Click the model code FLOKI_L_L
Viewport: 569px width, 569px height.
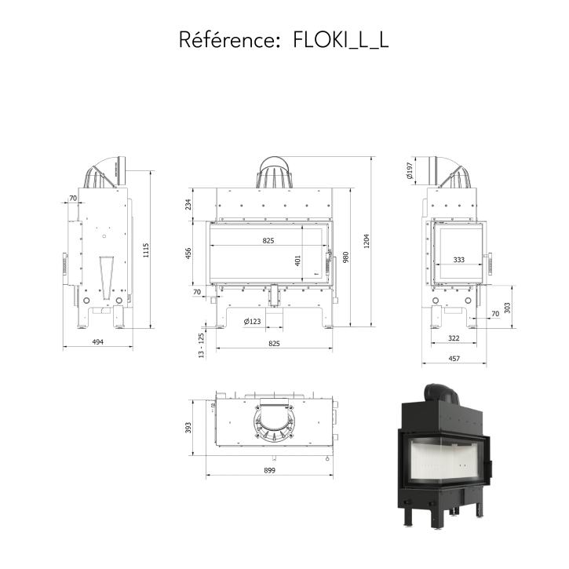click(x=341, y=40)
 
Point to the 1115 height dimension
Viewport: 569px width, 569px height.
click(x=145, y=250)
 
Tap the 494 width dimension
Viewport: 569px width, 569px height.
click(x=97, y=342)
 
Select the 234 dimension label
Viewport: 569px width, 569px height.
click(x=188, y=205)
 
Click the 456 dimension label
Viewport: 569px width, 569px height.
click(x=188, y=253)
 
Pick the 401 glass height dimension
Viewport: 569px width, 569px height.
click(x=297, y=261)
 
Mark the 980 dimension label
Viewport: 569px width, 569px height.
click(x=345, y=257)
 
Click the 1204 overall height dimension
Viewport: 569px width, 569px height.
click(x=367, y=241)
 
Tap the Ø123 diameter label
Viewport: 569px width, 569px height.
click(x=252, y=321)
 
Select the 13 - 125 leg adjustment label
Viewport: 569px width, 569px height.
click(x=202, y=345)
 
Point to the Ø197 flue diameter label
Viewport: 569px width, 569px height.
click(x=410, y=170)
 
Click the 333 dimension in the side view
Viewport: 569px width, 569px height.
click(x=458, y=260)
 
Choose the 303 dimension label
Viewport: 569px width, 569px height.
click(x=507, y=308)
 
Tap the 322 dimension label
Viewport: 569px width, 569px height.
click(x=454, y=337)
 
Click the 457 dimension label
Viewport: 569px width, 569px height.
click(x=454, y=359)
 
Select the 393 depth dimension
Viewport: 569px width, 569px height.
click(x=188, y=428)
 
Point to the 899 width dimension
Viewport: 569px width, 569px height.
click(x=270, y=470)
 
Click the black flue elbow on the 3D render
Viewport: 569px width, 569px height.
click(x=442, y=393)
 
